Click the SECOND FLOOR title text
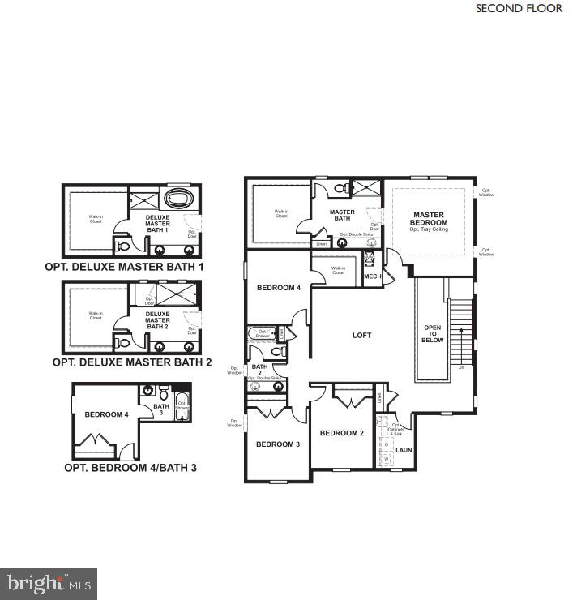(519, 9)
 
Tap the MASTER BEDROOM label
(428, 219)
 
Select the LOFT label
(361, 335)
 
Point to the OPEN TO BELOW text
(432, 334)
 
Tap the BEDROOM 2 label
(341, 433)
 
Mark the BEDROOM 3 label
(278, 444)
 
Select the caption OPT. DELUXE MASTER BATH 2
(131, 363)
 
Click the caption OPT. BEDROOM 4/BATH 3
(130, 468)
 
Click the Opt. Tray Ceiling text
(428, 229)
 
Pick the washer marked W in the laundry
(387, 459)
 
